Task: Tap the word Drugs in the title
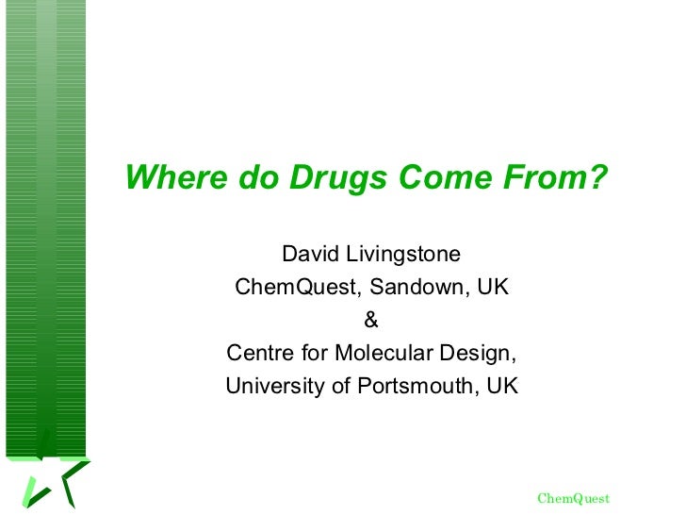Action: [339, 177]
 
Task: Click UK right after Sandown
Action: [493, 287]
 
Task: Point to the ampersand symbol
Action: [371, 320]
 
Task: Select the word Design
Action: [481, 354]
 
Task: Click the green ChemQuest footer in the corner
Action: [573, 498]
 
